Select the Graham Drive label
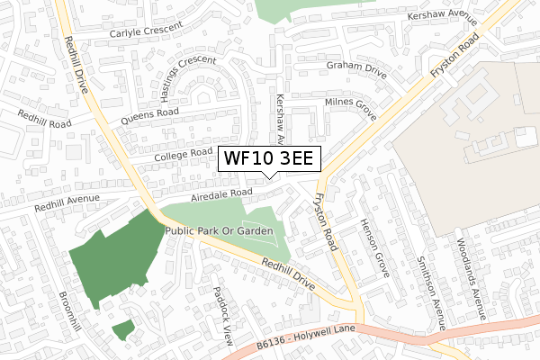click(355, 65)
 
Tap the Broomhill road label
click(70, 311)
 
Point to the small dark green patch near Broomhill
click(124, 329)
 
